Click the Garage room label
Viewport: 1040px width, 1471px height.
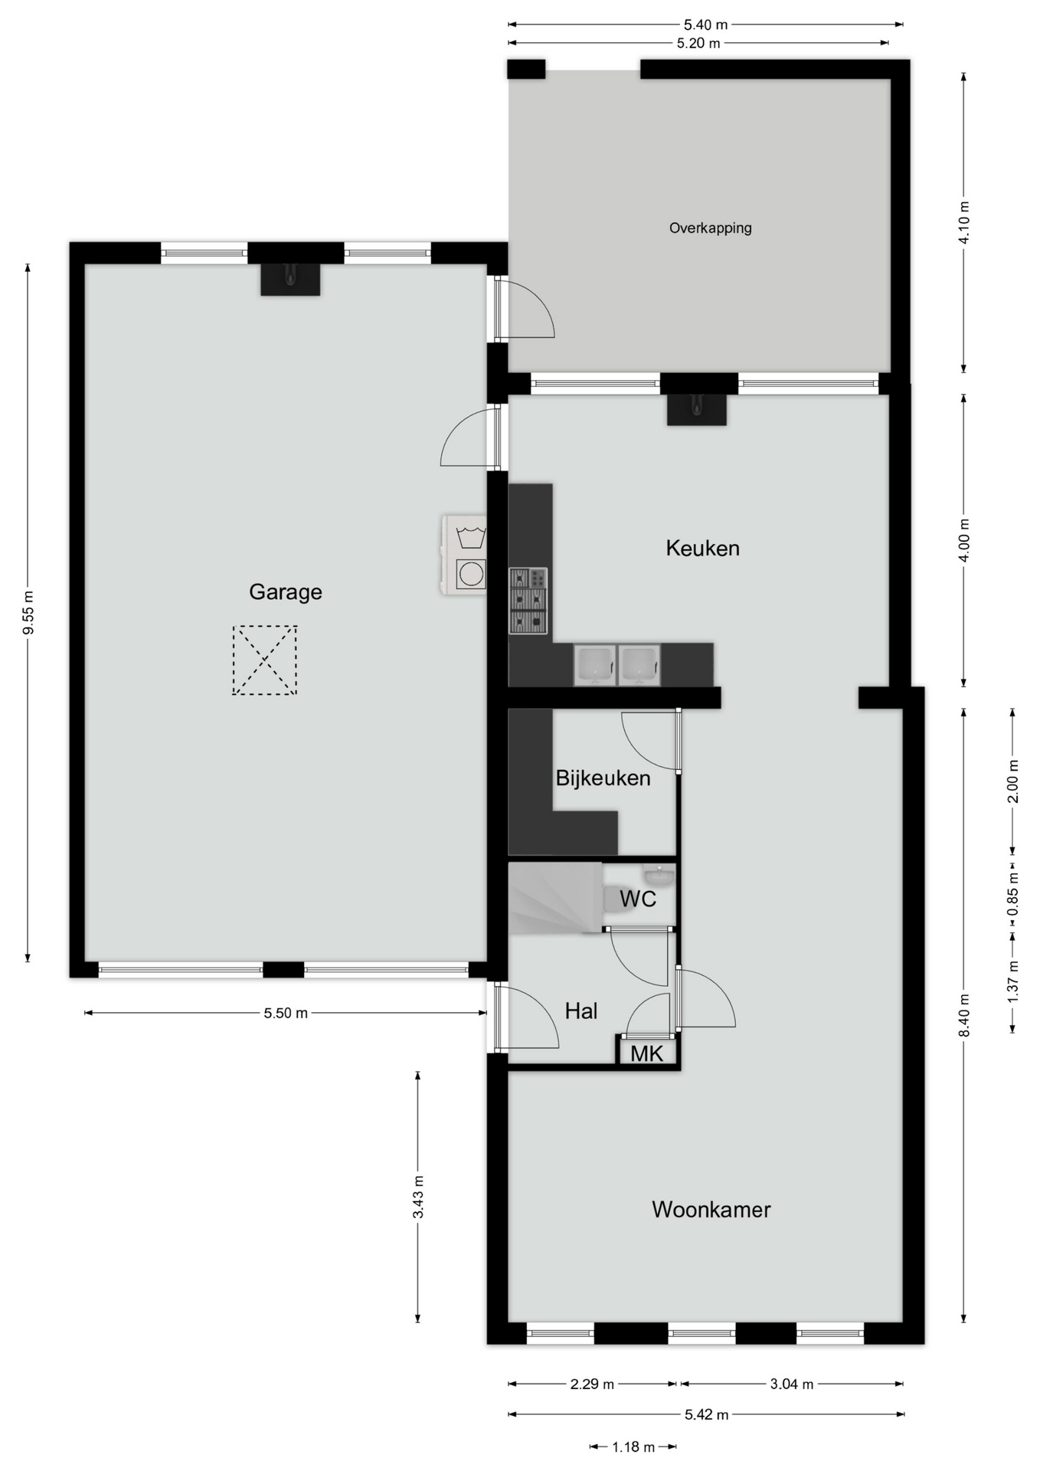pos(285,592)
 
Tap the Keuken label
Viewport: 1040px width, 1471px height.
pos(702,548)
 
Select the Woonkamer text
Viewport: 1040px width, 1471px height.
pos(711,1209)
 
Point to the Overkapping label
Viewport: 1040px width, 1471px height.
pos(710,228)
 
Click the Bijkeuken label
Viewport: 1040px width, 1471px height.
pos(603,778)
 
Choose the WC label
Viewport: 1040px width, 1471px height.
pos(638,898)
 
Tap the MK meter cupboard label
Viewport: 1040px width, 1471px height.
pos(646,1053)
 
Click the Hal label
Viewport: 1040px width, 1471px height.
pos(581,1011)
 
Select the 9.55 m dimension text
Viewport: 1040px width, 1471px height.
pos(28,613)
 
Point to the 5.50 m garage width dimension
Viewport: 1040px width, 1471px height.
pos(286,1013)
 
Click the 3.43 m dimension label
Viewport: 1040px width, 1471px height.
pos(418,1197)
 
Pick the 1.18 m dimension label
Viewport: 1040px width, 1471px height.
pos(633,1447)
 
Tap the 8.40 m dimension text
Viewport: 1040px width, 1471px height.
pos(964,1015)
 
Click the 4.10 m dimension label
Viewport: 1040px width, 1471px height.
pos(964,222)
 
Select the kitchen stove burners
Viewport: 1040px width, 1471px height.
pos(528,601)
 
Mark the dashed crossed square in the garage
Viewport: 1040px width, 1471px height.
pos(264,660)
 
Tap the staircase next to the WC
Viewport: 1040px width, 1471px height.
pos(555,898)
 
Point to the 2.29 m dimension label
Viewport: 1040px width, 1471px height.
pos(592,1384)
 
